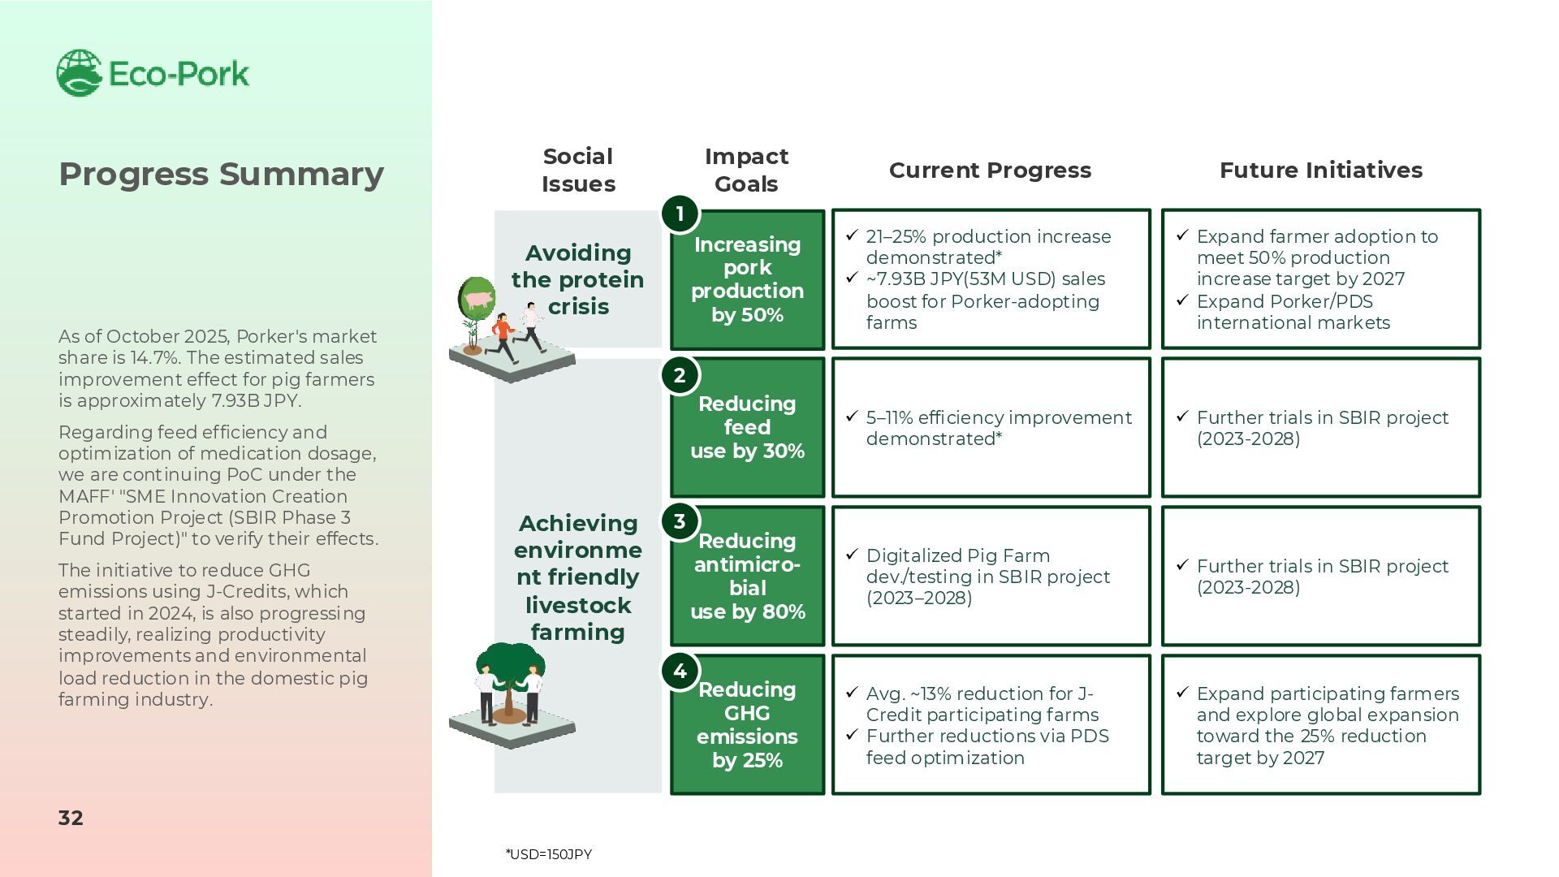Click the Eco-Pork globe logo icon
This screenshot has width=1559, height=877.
click(79, 73)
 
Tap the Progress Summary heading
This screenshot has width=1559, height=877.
click(221, 174)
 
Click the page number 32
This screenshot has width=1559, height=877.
click(71, 818)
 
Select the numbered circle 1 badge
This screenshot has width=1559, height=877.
click(680, 214)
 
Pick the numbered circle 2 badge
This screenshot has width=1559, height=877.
click(680, 376)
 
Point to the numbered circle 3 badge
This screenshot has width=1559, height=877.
click(680, 521)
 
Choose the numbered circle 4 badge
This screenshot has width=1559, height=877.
click(680, 672)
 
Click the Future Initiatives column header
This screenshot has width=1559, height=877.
click(1320, 171)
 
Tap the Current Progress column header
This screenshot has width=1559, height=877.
click(990, 171)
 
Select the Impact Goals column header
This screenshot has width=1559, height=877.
click(746, 171)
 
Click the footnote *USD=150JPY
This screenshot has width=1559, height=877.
click(549, 854)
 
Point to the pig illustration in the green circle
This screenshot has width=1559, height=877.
click(477, 299)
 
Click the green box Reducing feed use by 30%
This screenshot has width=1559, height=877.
click(747, 427)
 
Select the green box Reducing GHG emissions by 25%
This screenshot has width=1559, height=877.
click(747, 724)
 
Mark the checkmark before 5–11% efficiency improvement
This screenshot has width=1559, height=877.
click(852, 417)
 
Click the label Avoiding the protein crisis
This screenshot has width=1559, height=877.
click(577, 279)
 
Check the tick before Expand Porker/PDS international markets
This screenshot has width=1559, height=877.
click(1182, 300)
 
